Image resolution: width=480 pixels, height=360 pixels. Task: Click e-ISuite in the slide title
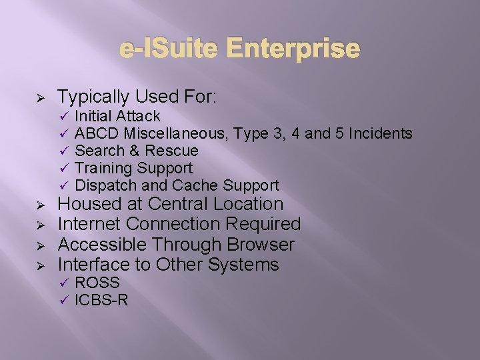point(172,49)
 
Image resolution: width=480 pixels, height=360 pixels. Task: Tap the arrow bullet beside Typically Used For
point(39,98)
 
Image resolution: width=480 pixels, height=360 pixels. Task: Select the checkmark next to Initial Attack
point(65,117)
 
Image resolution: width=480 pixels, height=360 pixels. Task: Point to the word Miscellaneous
point(177,134)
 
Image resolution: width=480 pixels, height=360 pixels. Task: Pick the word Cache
point(197,186)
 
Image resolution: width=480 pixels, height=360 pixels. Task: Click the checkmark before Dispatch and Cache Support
point(65,186)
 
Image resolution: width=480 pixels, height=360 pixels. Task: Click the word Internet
point(90,224)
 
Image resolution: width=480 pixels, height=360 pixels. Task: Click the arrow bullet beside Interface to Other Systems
point(39,265)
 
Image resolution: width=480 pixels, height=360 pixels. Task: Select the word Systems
point(243,265)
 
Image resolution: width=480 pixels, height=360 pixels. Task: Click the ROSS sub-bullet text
point(97,283)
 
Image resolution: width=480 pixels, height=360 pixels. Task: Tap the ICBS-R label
point(101,300)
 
